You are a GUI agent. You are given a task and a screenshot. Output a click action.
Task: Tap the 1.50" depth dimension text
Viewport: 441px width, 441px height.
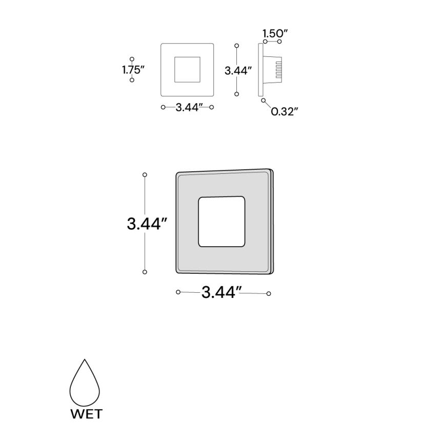(x=275, y=34)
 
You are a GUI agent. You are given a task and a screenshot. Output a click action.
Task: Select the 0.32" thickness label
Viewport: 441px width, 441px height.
(x=285, y=111)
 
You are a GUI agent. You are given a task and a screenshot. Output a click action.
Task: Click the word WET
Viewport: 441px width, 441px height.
(x=86, y=413)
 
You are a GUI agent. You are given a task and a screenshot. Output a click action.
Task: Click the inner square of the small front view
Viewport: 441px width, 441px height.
(x=187, y=70)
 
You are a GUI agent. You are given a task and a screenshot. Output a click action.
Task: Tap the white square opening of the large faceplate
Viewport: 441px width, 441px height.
(x=221, y=222)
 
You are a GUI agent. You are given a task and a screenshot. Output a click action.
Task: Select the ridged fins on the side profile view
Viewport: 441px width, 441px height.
(x=279, y=70)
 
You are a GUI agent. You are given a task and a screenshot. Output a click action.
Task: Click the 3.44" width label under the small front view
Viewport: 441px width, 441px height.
(x=187, y=107)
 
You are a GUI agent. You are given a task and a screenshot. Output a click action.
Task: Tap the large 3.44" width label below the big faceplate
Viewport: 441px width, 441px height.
(x=222, y=292)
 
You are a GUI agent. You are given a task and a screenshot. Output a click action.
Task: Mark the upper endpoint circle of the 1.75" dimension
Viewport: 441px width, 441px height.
(x=132, y=59)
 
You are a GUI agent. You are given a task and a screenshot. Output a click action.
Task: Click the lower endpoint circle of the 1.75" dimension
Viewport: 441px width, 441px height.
(x=132, y=81)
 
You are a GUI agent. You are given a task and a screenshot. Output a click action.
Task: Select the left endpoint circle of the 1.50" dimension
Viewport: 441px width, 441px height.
(x=265, y=41)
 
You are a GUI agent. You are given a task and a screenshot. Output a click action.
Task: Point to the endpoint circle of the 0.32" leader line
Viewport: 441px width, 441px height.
(x=264, y=101)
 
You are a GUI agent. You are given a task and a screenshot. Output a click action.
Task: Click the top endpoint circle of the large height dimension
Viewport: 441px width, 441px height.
(x=145, y=175)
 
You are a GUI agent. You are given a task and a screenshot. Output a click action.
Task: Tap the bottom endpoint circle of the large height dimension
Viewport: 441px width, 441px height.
(x=145, y=271)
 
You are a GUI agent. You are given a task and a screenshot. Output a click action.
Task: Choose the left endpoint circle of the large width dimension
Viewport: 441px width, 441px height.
(x=178, y=292)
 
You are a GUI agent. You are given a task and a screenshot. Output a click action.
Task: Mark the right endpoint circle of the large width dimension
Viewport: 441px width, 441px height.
(x=269, y=294)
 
